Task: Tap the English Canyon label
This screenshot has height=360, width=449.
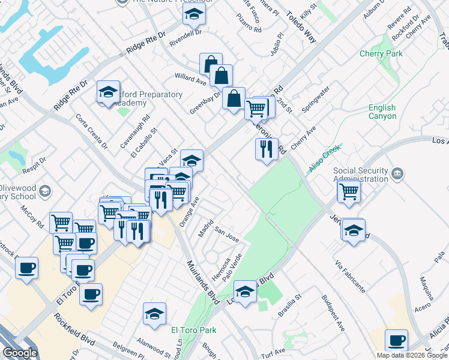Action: click(382, 112)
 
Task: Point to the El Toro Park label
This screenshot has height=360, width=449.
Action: click(193, 329)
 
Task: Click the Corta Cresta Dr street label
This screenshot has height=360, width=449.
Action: click(92, 131)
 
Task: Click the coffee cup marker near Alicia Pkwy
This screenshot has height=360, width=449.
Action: click(396, 341)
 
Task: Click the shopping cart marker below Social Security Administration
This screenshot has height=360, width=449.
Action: click(348, 192)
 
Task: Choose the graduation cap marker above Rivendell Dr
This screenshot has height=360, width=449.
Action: click(194, 14)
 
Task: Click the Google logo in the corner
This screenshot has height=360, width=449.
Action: click(20, 353)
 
